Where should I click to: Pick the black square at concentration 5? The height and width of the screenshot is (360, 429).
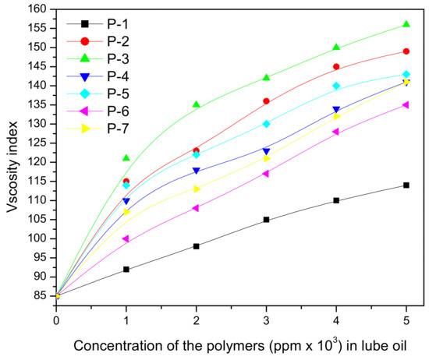coord(406,185)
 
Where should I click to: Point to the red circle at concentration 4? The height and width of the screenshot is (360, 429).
coord(336,66)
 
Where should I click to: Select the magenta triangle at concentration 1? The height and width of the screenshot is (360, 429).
coord(126,238)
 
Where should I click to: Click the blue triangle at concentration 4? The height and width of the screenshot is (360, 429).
coord(336,110)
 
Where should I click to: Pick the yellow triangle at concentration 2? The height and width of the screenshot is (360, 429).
coord(196,189)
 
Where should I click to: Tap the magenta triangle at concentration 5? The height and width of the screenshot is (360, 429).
coord(406,104)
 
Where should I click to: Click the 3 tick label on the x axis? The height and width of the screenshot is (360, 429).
coord(266,309)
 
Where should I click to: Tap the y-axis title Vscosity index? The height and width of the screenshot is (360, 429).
coord(11,156)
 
